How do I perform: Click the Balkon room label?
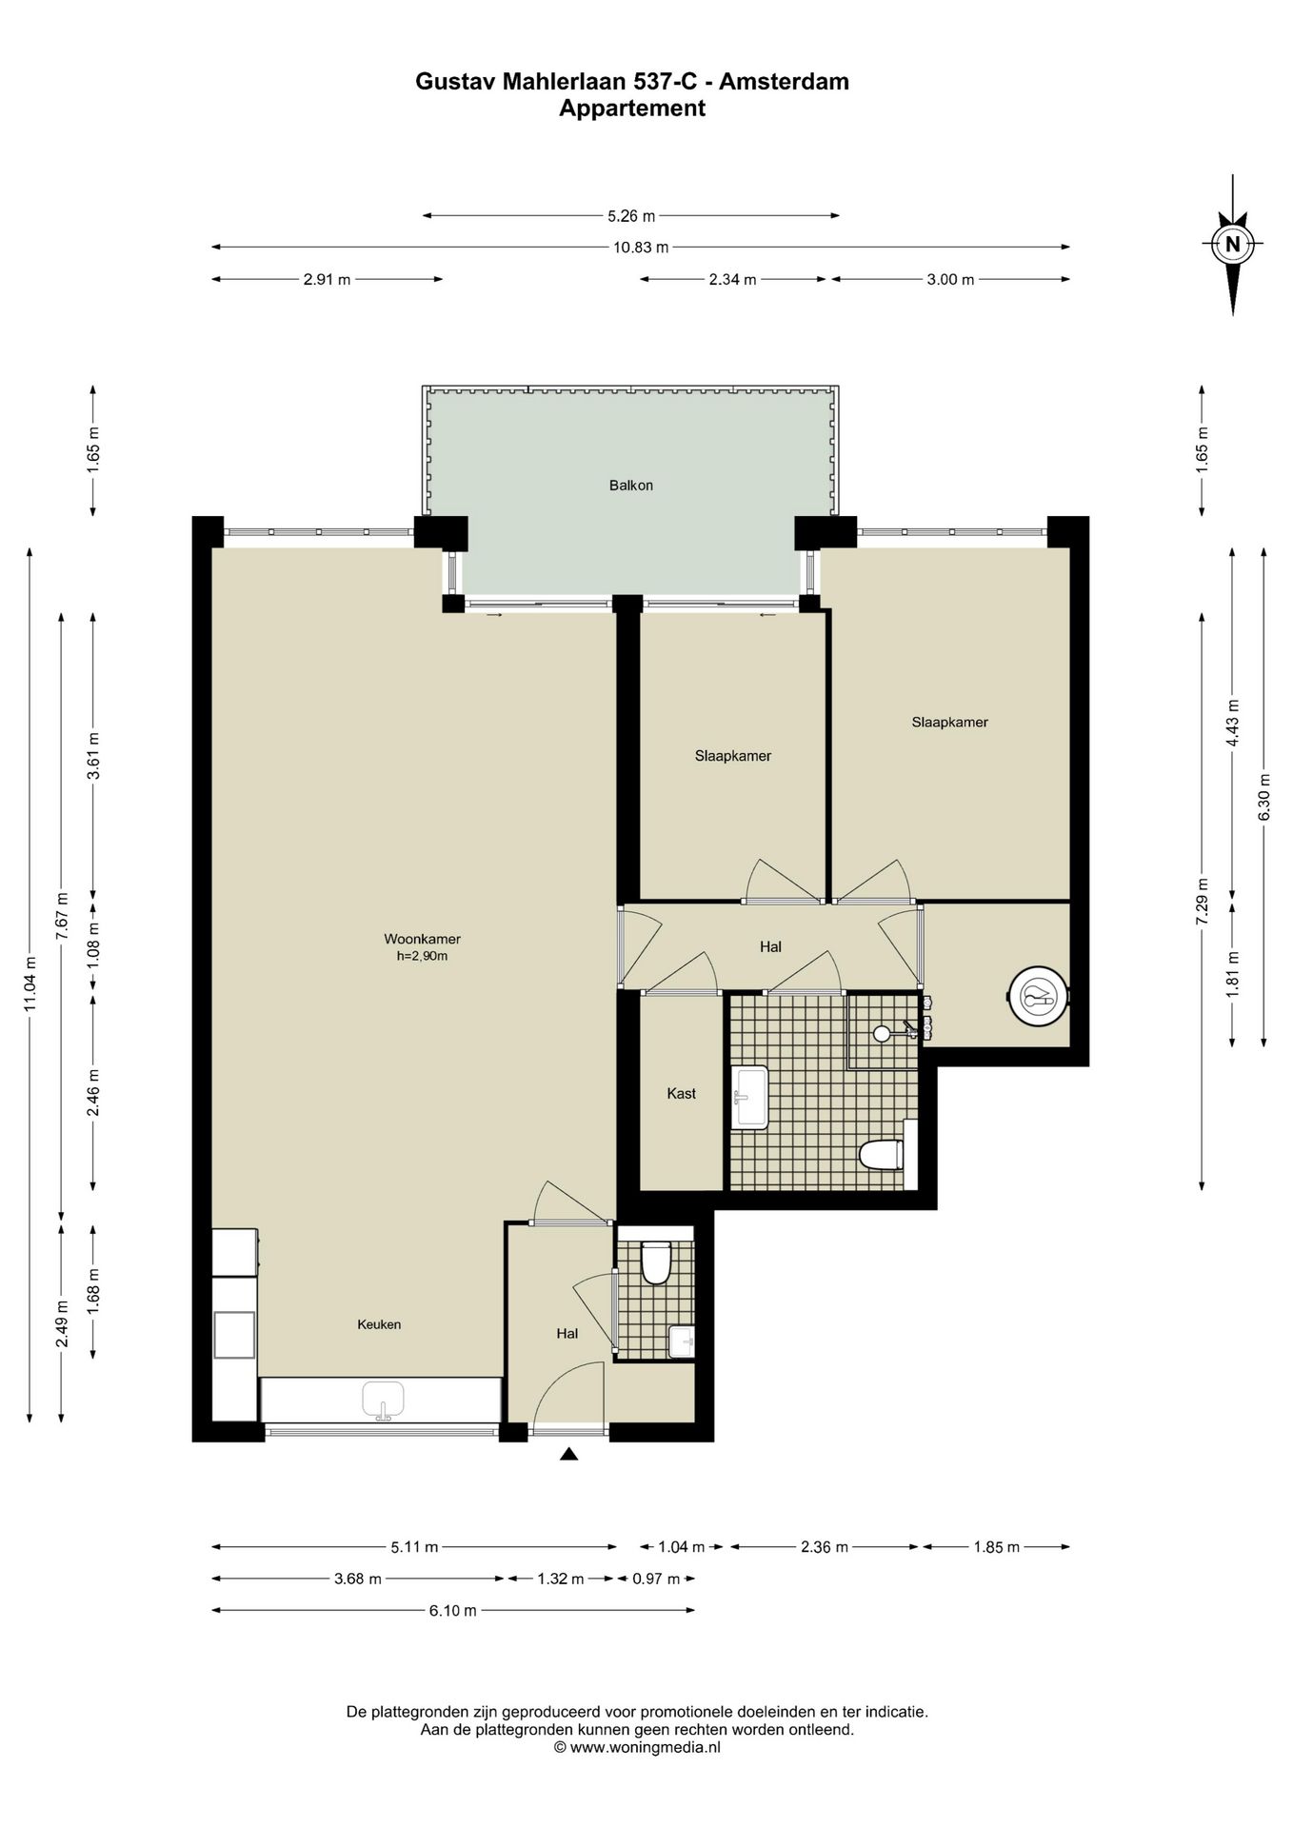tap(631, 486)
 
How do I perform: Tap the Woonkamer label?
tap(422, 939)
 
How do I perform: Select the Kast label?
tap(682, 1094)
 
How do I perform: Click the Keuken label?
tap(379, 1324)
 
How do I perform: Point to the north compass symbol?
tap(1233, 244)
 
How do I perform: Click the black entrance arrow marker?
tap(569, 1454)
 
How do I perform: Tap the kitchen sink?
tap(383, 1401)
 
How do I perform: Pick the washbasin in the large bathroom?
tap(750, 1097)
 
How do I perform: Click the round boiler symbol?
tap(1039, 996)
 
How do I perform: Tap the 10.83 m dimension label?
tap(641, 248)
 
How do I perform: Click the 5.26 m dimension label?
tap(631, 216)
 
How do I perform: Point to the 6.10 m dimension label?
tap(452, 1611)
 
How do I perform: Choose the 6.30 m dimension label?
tap(1264, 795)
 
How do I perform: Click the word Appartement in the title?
tap(632, 109)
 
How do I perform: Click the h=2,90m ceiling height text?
tap(422, 956)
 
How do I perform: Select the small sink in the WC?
tap(682, 1341)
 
